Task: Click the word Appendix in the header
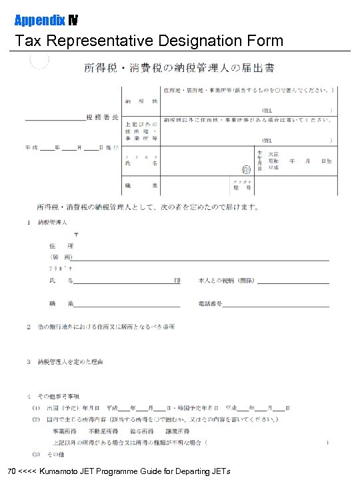tap(35, 20)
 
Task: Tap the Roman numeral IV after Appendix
tap(65, 20)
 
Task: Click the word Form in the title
tap(263, 41)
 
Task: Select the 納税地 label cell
tap(140, 101)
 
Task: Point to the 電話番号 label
tap(209, 304)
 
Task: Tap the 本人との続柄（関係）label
tap(226, 281)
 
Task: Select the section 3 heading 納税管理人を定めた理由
tap(74, 362)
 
